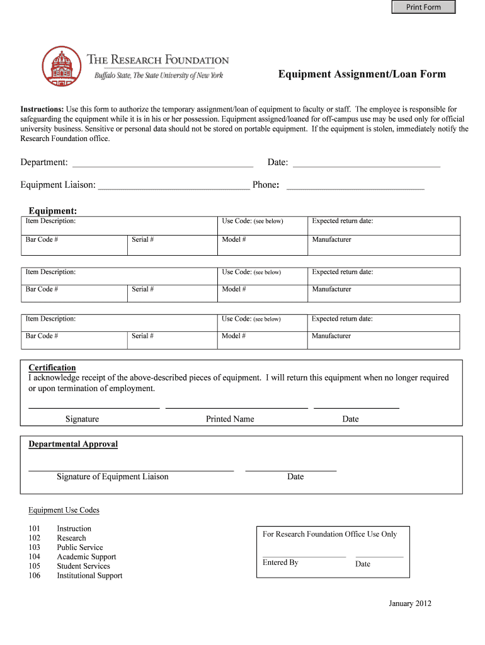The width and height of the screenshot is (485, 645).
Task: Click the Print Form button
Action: pos(423,8)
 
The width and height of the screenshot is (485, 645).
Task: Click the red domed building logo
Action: pos(62,67)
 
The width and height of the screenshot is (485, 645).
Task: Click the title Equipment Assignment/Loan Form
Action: pos(362,74)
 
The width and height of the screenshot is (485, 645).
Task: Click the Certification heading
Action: pos(52,368)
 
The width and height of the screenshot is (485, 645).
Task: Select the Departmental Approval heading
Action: pos(73,444)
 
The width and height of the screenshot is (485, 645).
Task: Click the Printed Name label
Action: pos(230,419)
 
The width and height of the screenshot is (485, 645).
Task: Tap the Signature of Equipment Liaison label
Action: pos(113,477)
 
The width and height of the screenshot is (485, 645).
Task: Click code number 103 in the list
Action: pos(34,547)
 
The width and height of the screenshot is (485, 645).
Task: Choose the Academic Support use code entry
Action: pos(86,557)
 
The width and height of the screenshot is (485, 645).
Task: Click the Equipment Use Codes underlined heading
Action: pos(64,510)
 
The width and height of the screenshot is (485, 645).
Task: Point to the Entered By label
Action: pos(280,562)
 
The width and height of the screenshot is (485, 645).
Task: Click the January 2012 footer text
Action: pos(410,603)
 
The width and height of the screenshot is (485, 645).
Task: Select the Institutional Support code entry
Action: pos(89,576)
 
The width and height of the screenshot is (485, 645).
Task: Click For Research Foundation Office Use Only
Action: pos(329,534)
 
